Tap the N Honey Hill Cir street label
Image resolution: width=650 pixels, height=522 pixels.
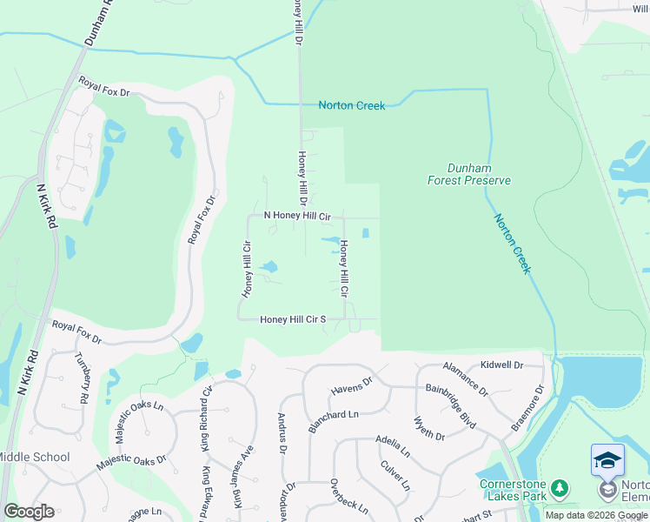click(x=297, y=216)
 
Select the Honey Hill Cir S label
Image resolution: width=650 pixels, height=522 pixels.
click(x=293, y=319)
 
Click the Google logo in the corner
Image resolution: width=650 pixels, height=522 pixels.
click(x=29, y=512)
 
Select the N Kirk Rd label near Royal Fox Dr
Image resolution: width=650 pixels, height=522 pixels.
click(x=43, y=205)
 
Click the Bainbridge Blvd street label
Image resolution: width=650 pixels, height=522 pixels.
click(x=450, y=405)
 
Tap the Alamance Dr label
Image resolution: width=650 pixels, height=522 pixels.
click(x=466, y=379)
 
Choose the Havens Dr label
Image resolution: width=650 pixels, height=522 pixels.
click(x=351, y=386)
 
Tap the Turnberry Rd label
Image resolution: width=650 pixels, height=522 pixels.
click(x=83, y=382)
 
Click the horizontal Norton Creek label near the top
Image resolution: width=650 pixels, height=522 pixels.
click(x=351, y=105)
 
